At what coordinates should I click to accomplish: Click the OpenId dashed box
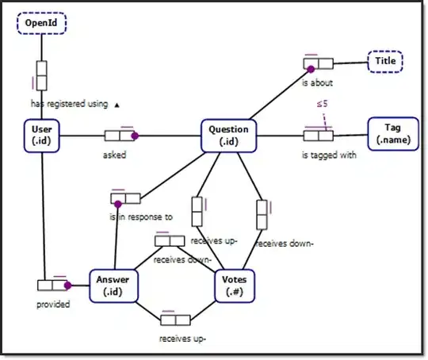pos(40,23)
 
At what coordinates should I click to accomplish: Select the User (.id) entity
pos(42,135)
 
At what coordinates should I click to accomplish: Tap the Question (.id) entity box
pos(228,135)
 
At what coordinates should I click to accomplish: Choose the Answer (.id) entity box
pos(114,285)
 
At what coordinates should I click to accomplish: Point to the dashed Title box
pos(385,60)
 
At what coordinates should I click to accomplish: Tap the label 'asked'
pos(115,155)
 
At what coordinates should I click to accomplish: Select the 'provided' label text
pos(54,304)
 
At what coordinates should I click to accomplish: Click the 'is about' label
pos(317,81)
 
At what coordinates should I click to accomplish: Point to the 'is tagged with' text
pos(328,155)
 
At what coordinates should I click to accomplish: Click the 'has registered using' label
pos(69,103)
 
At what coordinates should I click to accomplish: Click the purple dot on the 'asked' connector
pos(135,136)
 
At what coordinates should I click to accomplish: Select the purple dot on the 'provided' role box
pos(68,285)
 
